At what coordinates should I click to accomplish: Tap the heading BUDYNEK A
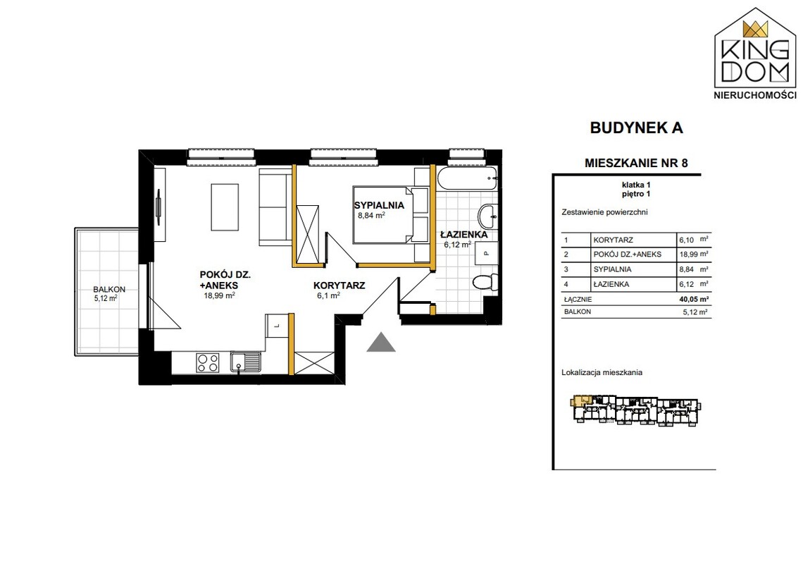click(x=637, y=128)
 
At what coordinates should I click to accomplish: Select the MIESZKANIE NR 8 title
click(x=636, y=163)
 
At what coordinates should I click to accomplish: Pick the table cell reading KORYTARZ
click(x=613, y=240)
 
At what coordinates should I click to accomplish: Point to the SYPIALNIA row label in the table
click(x=612, y=269)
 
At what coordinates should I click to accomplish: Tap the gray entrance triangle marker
click(x=381, y=343)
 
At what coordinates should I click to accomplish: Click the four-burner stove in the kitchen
click(x=208, y=363)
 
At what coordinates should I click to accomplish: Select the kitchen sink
click(x=246, y=362)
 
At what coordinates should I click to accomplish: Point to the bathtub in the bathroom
click(x=467, y=178)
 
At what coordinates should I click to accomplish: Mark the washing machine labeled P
click(x=486, y=253)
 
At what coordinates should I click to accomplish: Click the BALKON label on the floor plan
click(x=109, y=289)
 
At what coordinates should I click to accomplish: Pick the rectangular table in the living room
click(x=225, y=207)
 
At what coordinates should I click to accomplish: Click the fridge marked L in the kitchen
click(x=277, y=326)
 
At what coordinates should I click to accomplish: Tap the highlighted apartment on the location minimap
click(x=580, y=400)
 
